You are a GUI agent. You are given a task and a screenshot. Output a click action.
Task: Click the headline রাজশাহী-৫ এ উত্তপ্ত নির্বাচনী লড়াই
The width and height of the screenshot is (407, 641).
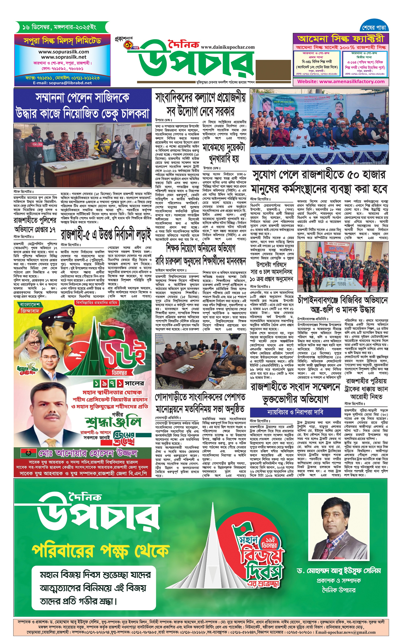pyautogui.click(x=106, y=234)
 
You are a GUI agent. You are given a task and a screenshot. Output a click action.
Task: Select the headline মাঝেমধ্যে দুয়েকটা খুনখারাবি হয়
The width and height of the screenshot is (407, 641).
pyautogui.click(x=224, y=153)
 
